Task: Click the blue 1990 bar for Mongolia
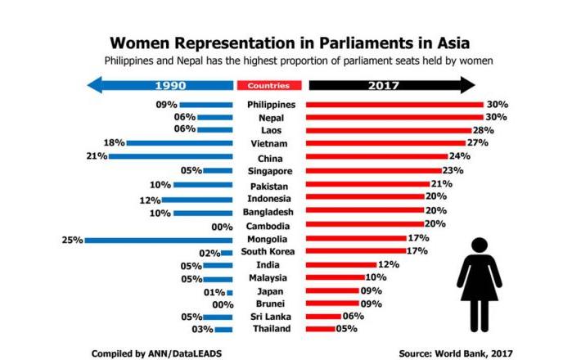tap(159, 240)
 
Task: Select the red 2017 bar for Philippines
tap(394, 105)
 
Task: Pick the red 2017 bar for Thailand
tap(320, 329)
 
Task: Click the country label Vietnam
tap(269, 143)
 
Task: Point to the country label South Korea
tap(269, 251)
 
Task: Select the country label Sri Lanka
tap(269, 316)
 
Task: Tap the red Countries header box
tap(269, 85)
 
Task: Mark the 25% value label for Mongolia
tap(72, 240)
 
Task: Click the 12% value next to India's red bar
tap(389, 265)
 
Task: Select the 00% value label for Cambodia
tap(223, 226)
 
